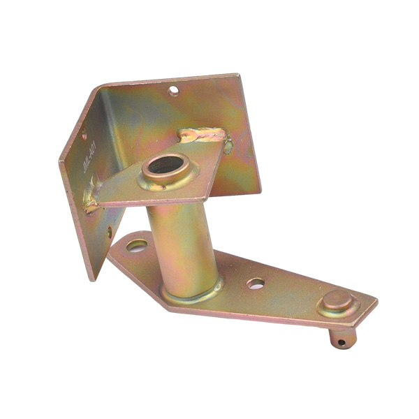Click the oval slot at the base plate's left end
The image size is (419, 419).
coord(137,246)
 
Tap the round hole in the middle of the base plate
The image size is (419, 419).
coord(256,284)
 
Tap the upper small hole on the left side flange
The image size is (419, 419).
coord(84,138)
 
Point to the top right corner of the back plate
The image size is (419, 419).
coord(239,75)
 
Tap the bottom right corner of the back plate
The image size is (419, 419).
coord(260,191)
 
